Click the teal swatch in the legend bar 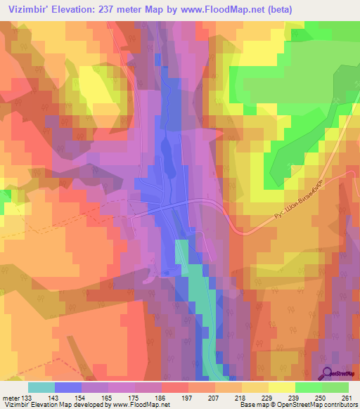[41, 387]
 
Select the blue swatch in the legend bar [68, 387]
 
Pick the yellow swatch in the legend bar [281, 387]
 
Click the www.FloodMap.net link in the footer [140, 405]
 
